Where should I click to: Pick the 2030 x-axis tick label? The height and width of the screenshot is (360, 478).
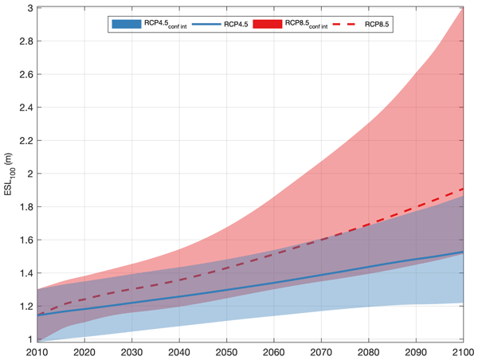(132, 352)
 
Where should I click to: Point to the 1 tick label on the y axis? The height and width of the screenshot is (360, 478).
(29, 339)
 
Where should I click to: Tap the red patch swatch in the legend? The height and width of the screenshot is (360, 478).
(268, 25)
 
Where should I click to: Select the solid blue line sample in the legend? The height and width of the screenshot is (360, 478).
(199, 25)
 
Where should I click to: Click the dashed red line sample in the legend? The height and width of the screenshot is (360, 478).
(344, 25)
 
